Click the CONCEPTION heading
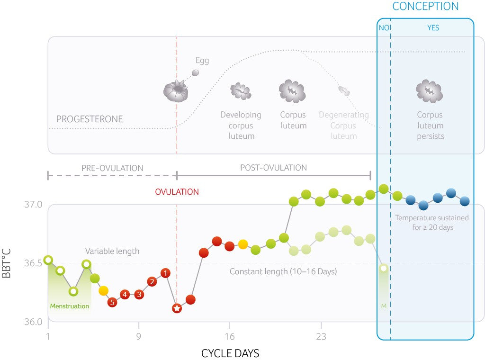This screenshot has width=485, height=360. (x=425, y=6)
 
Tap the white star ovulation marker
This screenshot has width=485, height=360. (x=177, y=308)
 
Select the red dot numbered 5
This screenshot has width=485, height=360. (x=112, y=302)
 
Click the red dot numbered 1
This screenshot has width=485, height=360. (x=165, y=273)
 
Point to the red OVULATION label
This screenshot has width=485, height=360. (x=177, y=192)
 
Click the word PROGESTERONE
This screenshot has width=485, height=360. (x=90, y=119)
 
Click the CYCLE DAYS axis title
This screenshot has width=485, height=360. (x=230, y=353)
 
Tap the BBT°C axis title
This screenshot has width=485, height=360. (x=7, y=263)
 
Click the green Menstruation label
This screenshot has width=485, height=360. (x=70, y=306)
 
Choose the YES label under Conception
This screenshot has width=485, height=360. (x=433, y=28)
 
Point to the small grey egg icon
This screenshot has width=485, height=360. (x=195, y=73)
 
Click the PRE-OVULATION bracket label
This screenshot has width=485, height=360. (x=112, y=168)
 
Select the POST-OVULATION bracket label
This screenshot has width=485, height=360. (x=273, y=168)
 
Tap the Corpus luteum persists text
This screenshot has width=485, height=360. (x=430, y=126)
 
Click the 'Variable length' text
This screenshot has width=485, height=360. (x=112, y=251)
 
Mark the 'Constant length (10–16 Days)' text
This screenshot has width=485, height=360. (x=283, y=271)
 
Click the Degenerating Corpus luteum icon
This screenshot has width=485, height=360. (x=344, y=90)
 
